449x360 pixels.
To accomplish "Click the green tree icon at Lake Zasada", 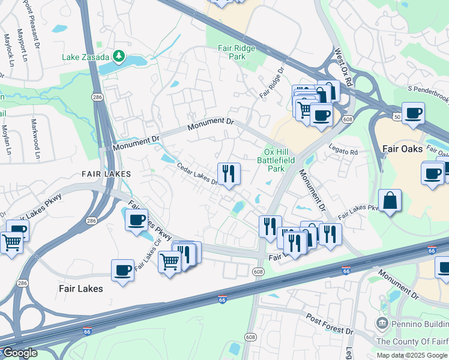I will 119,57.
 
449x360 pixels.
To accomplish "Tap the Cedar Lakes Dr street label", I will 196,175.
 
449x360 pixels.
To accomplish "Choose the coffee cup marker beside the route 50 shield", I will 413,113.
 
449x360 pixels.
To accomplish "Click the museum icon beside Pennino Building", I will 381,324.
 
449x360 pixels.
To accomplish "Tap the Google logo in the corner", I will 19,353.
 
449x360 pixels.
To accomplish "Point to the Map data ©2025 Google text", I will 411,355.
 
